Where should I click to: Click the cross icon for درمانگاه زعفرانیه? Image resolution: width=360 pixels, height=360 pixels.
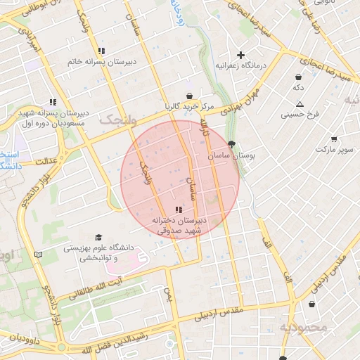[240, 55]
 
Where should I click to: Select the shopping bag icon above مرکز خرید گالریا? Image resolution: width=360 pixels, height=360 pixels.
[189, 96]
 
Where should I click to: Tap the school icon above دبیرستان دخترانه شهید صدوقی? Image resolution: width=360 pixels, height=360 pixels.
[179, 210]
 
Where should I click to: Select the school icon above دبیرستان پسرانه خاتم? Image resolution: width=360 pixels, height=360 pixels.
[102, 51]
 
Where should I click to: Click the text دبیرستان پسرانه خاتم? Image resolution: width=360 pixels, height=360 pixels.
[101, 62]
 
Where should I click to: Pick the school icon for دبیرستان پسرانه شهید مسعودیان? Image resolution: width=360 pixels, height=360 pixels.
[53, 102]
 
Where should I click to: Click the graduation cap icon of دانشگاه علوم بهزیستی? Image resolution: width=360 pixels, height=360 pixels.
[98, 237]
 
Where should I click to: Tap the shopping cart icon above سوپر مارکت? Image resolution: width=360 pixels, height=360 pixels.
[333, 139]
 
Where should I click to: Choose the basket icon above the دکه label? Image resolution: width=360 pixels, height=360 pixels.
[299, 77]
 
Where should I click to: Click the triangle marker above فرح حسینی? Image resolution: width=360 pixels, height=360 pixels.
[300, 103]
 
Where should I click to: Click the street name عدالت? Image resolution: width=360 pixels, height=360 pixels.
[46, 160]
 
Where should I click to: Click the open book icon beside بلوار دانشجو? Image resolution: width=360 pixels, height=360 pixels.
[38, 254]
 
